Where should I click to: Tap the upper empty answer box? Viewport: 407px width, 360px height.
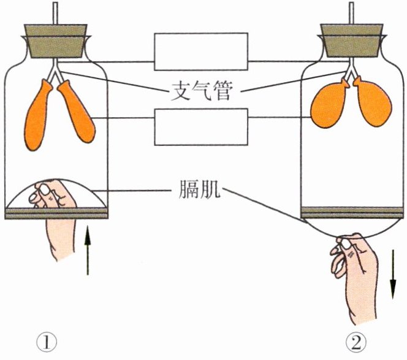point(200,52)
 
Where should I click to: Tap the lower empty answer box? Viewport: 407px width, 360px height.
point(200,127)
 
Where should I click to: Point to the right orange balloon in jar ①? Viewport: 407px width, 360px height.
point(76,114)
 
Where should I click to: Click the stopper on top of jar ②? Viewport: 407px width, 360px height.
point(351,39)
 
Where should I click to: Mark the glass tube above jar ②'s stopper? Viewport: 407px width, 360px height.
point(351,12)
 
